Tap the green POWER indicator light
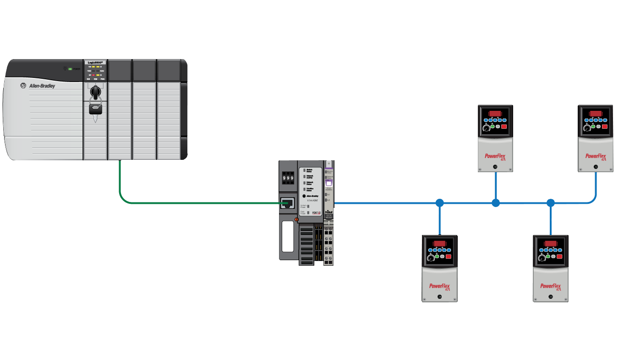[x=70, y=69]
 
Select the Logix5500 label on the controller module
[x=96, y=62]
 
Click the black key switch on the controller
[x=96, y=92]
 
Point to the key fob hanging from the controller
[x=96, y=109]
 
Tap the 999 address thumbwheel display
[x=287, y=178]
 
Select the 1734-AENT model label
[x=313, y=202]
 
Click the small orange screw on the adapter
[x=297, y=220]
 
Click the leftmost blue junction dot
[x=440, y=202]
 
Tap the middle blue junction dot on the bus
[x=495, y=202]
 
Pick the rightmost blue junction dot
[x=551, y=202]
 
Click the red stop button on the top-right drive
[x=604, y=126]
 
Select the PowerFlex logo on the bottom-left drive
[x=439, y=286]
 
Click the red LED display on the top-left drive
[x=495, y=114]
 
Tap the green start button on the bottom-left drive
[x=437, y=256]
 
